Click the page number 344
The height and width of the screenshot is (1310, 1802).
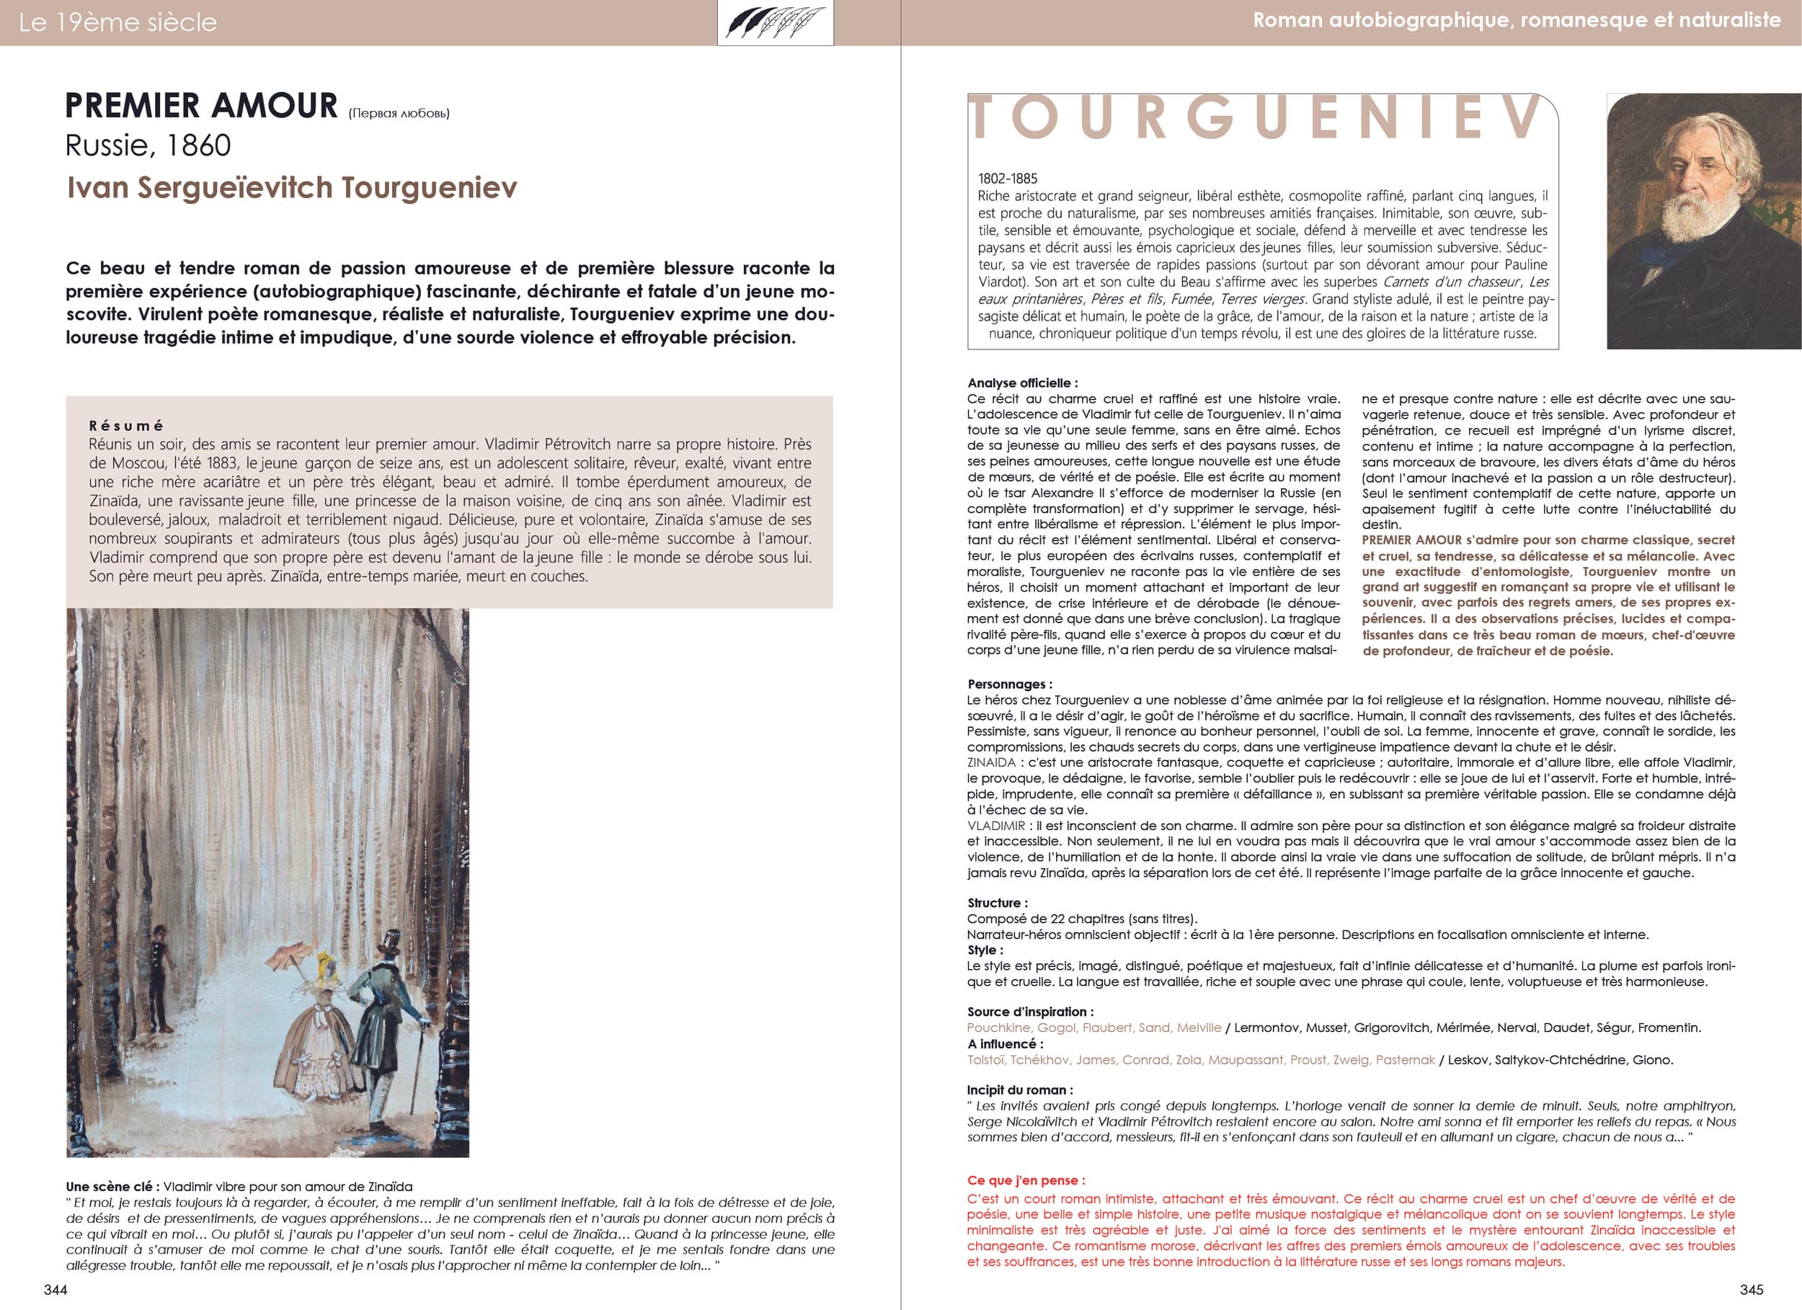56,1289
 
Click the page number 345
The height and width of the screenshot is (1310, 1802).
1751,1289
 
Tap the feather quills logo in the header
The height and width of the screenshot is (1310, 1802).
775,22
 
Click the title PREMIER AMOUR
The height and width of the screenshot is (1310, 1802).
202,106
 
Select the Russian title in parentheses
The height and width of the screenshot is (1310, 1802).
399,114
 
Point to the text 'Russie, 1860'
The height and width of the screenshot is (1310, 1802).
148,146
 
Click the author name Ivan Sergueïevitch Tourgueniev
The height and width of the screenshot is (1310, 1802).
292,187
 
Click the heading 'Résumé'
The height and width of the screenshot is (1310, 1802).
125,426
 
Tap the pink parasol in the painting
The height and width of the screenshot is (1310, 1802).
288,955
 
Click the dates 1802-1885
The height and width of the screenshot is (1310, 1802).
1008,179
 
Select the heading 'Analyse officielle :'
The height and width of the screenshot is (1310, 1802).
1023,383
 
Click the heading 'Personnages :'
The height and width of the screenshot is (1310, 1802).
1009,684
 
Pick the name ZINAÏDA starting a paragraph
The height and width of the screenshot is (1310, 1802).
992,762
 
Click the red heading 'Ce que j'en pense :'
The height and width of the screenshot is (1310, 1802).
1026,1180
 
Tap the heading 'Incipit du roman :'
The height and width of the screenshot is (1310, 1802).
1019,1090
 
